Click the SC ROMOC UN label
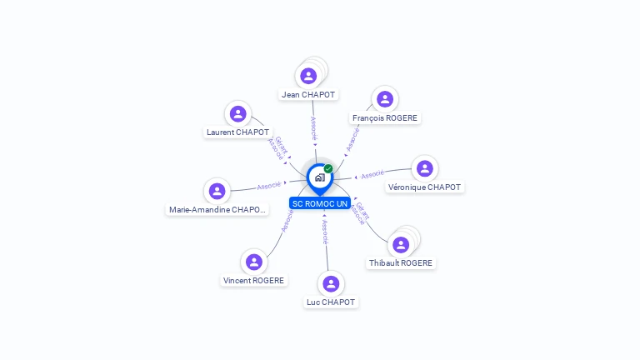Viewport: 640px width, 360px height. (320, 203)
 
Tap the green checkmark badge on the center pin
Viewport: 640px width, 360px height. (328, 169)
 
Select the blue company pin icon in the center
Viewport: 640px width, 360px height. (319, 177)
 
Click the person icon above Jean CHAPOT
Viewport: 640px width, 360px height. (308, 77)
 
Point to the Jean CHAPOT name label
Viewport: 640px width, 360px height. (308, 95)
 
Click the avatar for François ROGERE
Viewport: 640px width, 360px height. (384, 100)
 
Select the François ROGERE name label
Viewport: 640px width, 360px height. (384, 118)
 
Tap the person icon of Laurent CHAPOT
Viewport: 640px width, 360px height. (238, 114)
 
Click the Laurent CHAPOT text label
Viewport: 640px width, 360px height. (238, 132)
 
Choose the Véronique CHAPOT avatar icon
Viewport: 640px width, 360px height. (425, 169)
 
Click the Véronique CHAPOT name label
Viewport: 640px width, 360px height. (425, 187)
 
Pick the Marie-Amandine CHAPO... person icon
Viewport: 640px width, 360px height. (217, 192)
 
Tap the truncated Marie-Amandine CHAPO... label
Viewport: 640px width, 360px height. (217, 210)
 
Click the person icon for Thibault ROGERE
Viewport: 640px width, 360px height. (401, 245)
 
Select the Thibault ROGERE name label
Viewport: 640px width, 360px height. (401, 263)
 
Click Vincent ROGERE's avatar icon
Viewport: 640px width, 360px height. (253, 262)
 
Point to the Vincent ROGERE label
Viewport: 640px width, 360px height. (254, 281)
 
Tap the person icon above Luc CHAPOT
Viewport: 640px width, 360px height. (331, 284)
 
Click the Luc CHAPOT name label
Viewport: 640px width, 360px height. (331, 302)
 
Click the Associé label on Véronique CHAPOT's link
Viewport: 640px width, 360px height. (372, 174)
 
